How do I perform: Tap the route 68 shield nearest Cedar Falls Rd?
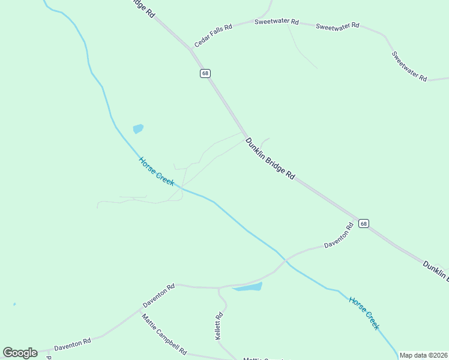(x=205, y=73)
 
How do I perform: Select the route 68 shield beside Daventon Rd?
(x=364, y=223)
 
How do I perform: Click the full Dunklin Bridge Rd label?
(x=270, y=159)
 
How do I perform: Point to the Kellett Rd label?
(x=219, y=326)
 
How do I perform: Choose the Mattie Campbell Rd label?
(x=164, y=334)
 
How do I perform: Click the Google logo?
(x=20, y=353)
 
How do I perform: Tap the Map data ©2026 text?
(x=423, y=355)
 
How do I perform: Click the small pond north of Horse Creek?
(x=138, y=128)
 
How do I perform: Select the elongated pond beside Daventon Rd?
(x=247, y=287)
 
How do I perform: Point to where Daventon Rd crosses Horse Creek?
(x=286, y=260)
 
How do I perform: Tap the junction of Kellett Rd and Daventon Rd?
(x=219, y=288)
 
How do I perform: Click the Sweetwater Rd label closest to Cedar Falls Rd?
(x=276, y=22)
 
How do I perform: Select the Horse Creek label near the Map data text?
(x=364, y=313)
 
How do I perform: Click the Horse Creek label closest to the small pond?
(x=156, y=171)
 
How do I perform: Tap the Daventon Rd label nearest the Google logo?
(x=72, y=344)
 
